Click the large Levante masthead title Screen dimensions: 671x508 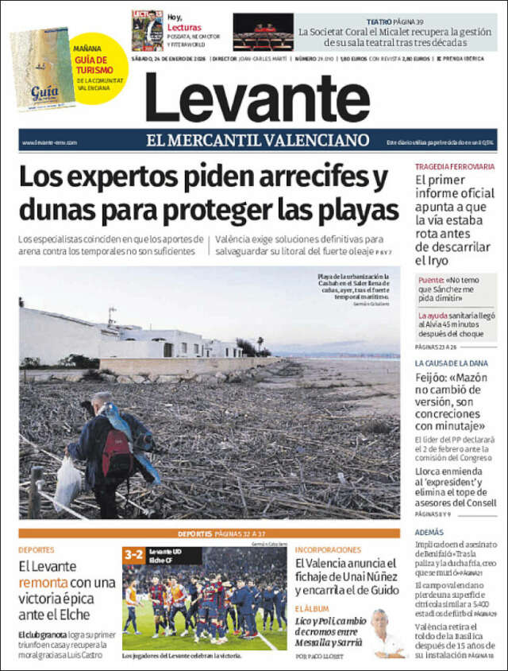pos(257,98)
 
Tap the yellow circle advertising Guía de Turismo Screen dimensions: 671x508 pos(100,66)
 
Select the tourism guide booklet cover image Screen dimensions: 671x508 pos(42,69)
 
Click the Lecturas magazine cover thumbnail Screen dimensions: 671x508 pos(147,31)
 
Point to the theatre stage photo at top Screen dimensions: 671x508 pos(263,32)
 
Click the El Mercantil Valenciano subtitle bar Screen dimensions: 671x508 pos(258,141)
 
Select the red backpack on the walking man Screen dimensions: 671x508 pos(117,455)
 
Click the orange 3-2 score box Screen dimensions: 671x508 pos(133,556)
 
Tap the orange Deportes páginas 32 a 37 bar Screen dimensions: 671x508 pos(210,533)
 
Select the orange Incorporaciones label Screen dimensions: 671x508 pos(327,549)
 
